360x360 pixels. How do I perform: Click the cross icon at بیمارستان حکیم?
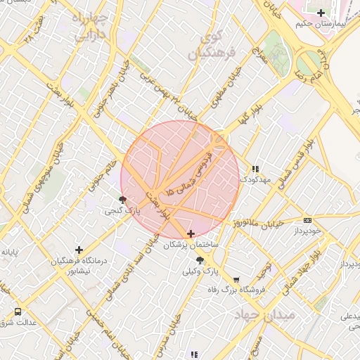pos(321,13)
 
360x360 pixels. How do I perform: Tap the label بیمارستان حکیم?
pos(321,24)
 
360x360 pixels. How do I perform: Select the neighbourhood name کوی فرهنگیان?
pos(209,43)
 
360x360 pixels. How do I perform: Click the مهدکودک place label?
pos(255,180)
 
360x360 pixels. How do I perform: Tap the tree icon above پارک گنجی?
pos(124,200)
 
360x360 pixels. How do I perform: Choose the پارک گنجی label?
pos(124,211)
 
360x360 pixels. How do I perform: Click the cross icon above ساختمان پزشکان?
pos(191,233)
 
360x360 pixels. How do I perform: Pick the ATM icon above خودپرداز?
pos(307,220)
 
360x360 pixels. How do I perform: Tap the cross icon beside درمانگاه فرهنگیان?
pos(79,250)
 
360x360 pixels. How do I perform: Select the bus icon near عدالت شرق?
pos(18,311)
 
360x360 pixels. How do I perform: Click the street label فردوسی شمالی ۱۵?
pos(188,172)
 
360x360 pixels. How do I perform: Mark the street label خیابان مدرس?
pos(181,334)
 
